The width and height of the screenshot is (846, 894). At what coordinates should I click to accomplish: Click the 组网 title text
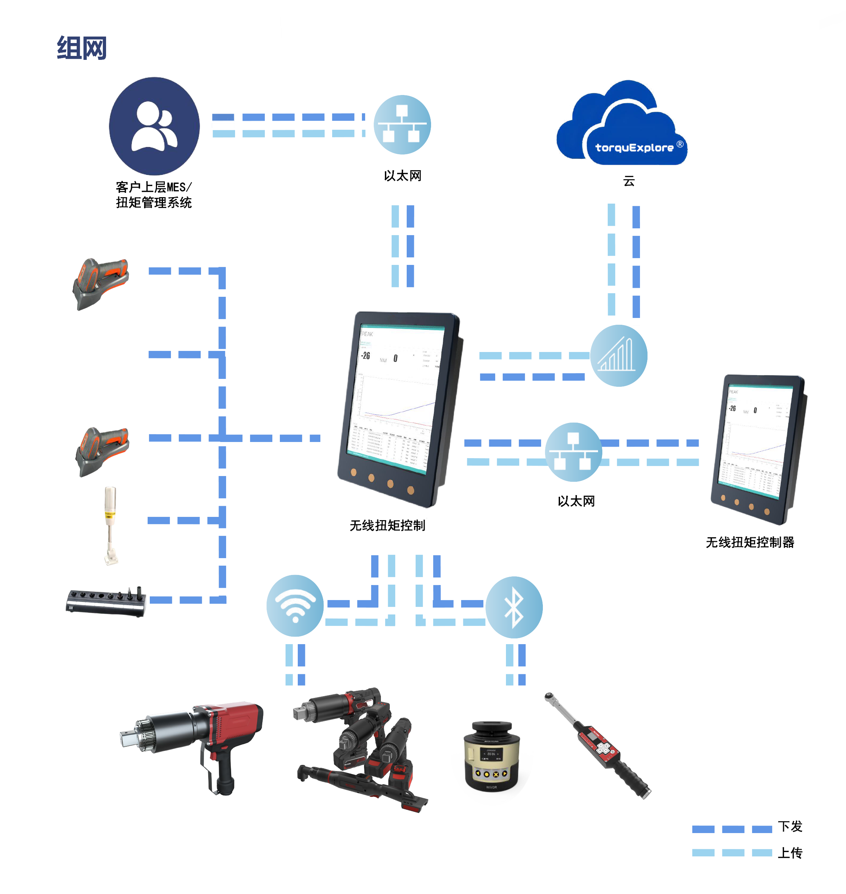click(82, 48)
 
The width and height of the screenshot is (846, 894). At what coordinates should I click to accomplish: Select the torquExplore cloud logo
click(622, 124)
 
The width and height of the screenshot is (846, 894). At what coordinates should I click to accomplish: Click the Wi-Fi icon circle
click(295, 605)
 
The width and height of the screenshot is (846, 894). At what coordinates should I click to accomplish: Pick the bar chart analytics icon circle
click(619, 356)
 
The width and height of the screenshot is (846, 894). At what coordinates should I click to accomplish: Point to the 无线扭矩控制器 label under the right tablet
click(750, 542)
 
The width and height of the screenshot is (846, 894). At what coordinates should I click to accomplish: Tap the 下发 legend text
click(790, 826)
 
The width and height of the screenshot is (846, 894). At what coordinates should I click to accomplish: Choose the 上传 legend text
click(790, 852)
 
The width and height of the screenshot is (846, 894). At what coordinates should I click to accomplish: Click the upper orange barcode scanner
click(101, 283)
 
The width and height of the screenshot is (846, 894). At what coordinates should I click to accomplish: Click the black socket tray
click(106, 601)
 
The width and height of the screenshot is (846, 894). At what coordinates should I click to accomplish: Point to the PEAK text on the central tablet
click(367, 334)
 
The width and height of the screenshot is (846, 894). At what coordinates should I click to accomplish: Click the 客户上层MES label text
click(153, 187)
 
